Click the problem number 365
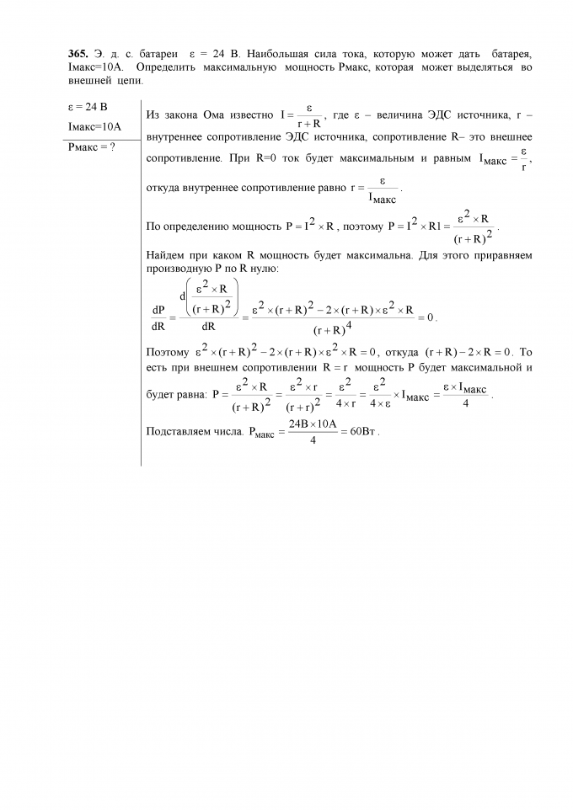click(x=78, y=54)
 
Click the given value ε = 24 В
click(x=87, y=108)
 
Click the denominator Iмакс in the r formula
click(x=383, y=199)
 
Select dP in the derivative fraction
click(x=158, y=309)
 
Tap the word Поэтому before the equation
click(x=168, y=352)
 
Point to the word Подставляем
click(x=179, y=432)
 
